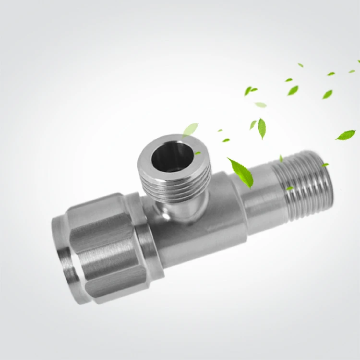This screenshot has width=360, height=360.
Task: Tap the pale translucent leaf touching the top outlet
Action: point(191,129)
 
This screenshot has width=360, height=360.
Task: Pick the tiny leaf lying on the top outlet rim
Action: point(197,153)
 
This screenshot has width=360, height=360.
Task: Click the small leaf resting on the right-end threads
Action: point(289,188)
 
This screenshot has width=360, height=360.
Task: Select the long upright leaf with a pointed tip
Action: point(262,128)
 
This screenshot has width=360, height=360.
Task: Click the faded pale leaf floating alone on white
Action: point(261,105)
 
